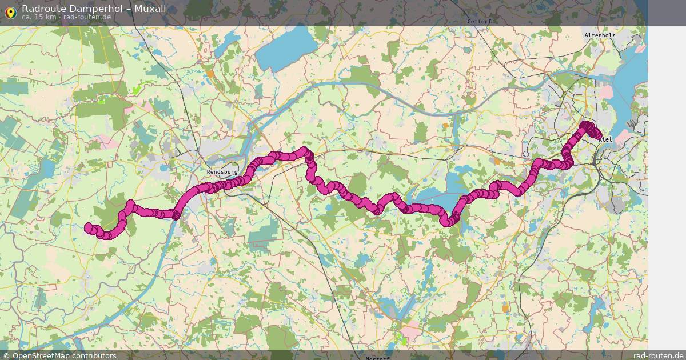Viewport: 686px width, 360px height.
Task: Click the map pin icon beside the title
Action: tap(10, 12)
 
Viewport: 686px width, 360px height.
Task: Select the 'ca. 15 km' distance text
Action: tap(38, 17)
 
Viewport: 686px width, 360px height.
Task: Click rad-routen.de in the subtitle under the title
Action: tap(87, 17)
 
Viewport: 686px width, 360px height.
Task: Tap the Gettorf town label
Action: tap(479, 21)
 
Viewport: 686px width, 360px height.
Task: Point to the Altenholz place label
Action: tap(599, 35)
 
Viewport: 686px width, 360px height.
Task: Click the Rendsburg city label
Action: tap(222, 171)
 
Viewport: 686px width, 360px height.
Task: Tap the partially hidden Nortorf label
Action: tap(378, 358)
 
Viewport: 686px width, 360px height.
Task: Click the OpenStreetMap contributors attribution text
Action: tap(64, 355)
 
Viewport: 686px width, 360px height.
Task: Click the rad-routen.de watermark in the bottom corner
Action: tap(657, 355)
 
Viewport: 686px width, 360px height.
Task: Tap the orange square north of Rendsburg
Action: tap(211, 74)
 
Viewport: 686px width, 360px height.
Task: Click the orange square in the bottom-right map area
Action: tap(505, 308)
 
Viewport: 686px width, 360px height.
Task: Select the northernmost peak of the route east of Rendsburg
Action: tap(305, 152)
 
